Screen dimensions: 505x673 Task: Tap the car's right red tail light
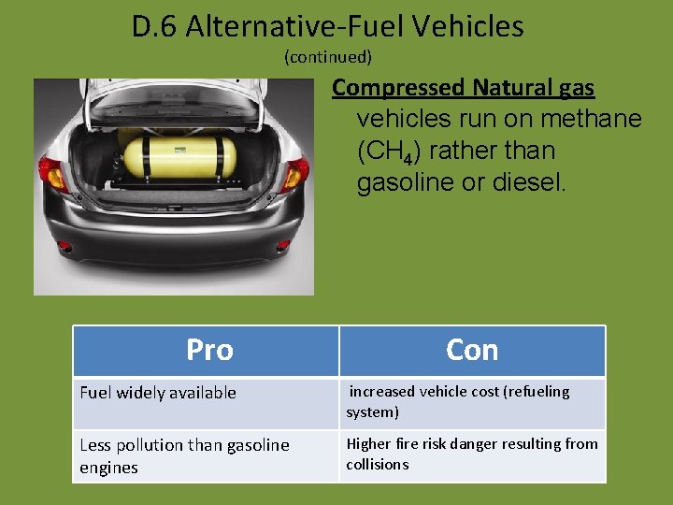[x=295, y=174]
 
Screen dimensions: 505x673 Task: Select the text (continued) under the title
[x=328, y=57]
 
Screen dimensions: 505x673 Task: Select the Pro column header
[x=209, y=350]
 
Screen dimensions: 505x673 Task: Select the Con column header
[x=472, y=350]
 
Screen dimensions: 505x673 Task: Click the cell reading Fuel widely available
[x=158, y=393]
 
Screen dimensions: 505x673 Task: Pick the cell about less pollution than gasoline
[x=184, y=455]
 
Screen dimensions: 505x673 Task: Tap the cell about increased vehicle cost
[x=458, y=401]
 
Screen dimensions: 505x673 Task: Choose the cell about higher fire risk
[x=471, y=454]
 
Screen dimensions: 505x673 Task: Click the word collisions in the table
[x=377, y=465]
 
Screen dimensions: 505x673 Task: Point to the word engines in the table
[x=108, y=468]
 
